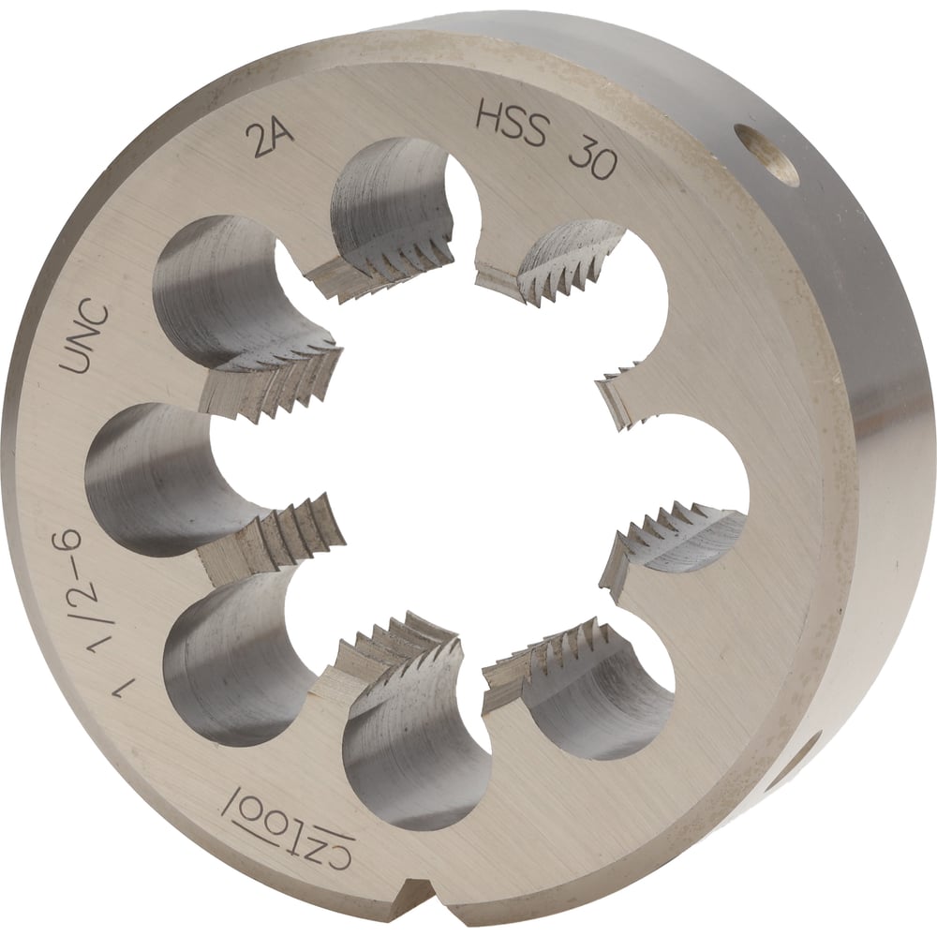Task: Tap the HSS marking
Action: [511, 123]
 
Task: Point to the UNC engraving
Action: [86, 339]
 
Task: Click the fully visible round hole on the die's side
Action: [766, 156]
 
